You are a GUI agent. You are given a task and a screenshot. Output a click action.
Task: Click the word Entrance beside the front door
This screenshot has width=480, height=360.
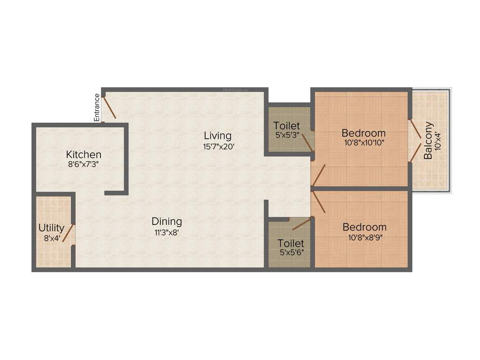(x=97, y=108)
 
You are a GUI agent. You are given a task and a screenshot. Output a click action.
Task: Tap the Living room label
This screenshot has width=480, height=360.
(x=217, y=135)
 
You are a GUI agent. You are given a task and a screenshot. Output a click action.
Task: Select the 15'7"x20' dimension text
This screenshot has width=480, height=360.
(x=217, y=146)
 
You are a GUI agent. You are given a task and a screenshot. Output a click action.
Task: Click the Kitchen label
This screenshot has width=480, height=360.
(x=83, y=154)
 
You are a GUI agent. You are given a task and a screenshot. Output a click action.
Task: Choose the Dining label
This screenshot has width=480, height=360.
(x=166, y=221)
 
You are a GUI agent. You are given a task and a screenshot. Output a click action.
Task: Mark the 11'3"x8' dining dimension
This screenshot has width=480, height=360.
(x=166, y=232)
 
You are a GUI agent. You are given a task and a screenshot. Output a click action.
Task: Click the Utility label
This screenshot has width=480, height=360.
(x=51, y=228)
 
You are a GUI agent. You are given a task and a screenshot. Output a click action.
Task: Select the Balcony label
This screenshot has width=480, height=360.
(x=428, y=141)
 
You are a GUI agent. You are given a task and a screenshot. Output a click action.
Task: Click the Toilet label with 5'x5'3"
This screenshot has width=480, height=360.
(x=287, y=126)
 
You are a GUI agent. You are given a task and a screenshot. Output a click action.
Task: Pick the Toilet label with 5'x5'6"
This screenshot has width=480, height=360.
(x=291, y=244)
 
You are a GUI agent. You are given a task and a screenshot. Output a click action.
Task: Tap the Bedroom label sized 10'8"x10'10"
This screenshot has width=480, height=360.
(x=363, y=133)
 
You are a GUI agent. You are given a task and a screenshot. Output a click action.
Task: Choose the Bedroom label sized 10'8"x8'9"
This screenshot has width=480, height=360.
(x=364, y=227)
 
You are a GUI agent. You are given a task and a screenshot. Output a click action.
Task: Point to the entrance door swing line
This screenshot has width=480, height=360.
(x=110, y=107)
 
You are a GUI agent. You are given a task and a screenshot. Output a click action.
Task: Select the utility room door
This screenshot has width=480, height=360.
(x=68, y=233)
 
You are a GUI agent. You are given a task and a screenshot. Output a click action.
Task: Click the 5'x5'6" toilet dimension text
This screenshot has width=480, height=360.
(x=291, y=253)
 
